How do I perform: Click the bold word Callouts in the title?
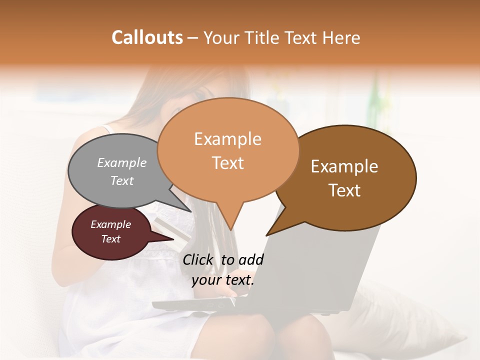coord(147,37)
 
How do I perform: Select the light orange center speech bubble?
coord(228,150)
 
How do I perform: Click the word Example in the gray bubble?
coord(122,162)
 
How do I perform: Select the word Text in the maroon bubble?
coord(111,239)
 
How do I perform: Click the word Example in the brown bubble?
coord(344,166)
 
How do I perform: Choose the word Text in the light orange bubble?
coord(228,163)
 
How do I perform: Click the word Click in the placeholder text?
coord(197,259)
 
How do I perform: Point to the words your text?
coord(223,280)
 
